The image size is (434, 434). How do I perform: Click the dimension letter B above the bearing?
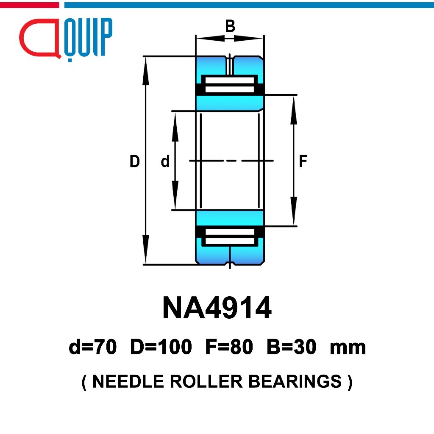pyautogui.click(x=230, y=26)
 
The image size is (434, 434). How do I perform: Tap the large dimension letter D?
pyautogui.click(x=135, y=161)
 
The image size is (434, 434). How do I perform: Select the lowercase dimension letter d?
pyautogui.click(x=165, y=161)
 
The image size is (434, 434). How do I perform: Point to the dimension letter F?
pyautogui.click(x=303, y=161)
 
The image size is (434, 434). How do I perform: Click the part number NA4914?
pyautogui.click(x=217, y=308)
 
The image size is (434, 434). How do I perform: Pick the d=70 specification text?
pyautogui.click(x=93, y=347)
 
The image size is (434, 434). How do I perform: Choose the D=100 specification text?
pyautogui.click(x=161, y=347)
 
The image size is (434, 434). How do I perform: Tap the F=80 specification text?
pyautogui.click(x=229, y=347)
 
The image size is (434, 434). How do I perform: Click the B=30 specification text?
pyautogui.click(x=291, y=347)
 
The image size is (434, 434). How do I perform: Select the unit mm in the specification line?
pyautogui.click(x=348, y=348)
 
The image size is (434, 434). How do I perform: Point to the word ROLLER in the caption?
pyautogui.click(x=206, y=381)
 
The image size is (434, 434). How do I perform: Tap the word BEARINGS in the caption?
pyautogui.click(x=295, y=381)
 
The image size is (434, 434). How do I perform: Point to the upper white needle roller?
pyautogui.click(x=230, y=85)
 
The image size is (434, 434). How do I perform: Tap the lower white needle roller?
pyautogui.click(x=230, y=236)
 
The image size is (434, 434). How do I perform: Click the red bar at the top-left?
pyautogui.click(x=29, y=5)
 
